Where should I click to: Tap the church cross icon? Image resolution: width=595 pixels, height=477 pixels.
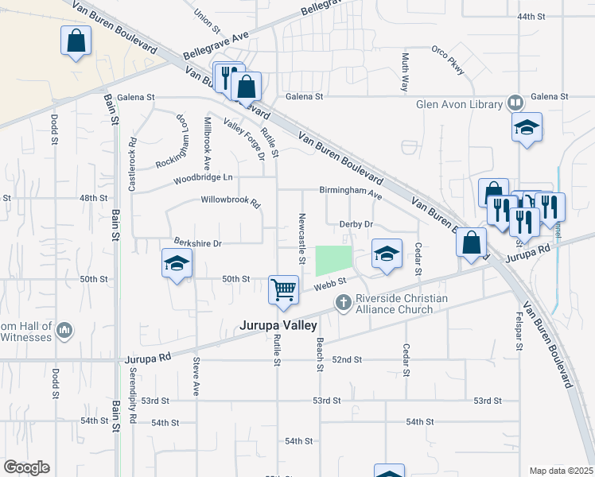pyautogui.click(x=343, y=302)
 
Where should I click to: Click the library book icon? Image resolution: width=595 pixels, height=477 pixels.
pyautogui.click(x=515, y=103)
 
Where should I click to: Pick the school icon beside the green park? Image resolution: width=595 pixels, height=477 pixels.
pyautogui.click(x=387, y=254)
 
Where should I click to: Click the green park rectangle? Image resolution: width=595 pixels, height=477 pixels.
pyautogui.click(x=334, y=261)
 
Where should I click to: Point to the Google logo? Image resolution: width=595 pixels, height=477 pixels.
pyautogui.click(x=26, y=467)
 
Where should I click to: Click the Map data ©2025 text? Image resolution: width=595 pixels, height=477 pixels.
pyautogui.click(x=560, y=471)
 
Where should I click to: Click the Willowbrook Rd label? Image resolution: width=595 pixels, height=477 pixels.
pyautogui.click(x=231, y=202)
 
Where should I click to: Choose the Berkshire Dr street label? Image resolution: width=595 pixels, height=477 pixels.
pyautogui.click(x=196, y=242)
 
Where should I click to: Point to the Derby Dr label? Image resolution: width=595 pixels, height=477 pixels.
pyautogui.click(x=356, y=225)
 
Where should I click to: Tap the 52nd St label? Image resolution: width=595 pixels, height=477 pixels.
pyautogui.click(x=347, y=360)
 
